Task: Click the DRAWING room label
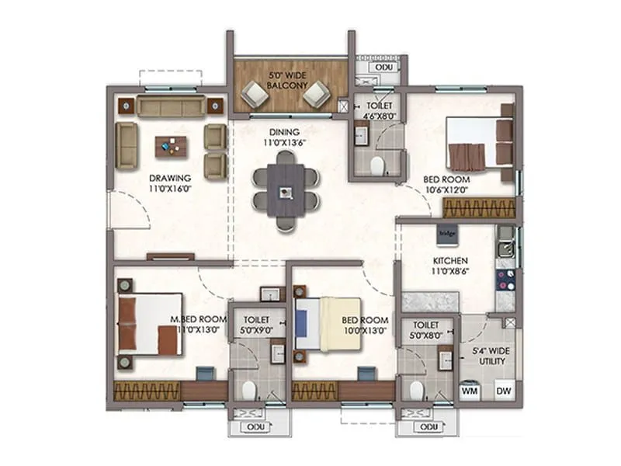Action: coord(170,178)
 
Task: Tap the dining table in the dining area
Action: coord(286,190)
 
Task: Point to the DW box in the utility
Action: coord(503,391)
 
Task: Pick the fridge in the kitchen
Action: coord(446,231)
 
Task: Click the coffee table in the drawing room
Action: coord(171,145)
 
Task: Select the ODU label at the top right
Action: coord(383,68)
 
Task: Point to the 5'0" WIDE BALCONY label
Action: coord(288,80)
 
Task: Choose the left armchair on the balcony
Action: coord(254,95)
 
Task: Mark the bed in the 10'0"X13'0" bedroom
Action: coord(327,322)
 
